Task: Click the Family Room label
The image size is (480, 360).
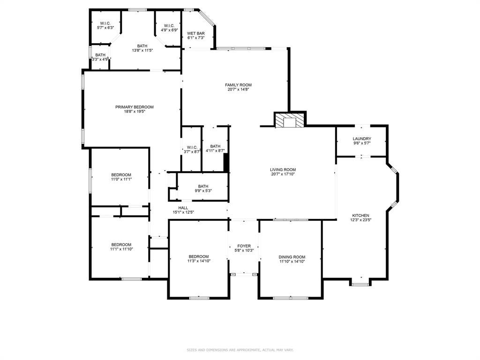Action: (238, 85)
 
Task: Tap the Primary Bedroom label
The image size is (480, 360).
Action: (135, 107)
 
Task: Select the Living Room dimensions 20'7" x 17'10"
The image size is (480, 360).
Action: (283, 174)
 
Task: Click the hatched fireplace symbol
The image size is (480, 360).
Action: (290, 120)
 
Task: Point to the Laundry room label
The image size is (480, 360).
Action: (362, 139)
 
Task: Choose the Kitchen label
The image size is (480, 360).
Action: (360, 216)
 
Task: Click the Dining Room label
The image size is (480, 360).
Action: (292, 257)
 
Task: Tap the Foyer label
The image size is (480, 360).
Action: (244, 246)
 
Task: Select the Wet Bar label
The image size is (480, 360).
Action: (196, 33)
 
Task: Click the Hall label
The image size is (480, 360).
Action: (183, 208)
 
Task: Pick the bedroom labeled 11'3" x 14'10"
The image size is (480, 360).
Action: (199, 259)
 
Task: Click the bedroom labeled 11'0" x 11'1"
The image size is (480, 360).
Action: (121, 177)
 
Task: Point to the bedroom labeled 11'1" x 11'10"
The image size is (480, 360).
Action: (121, 247)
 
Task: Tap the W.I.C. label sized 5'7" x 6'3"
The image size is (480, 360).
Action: (105, 23)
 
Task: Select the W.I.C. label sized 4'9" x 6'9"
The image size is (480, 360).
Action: (169, 26)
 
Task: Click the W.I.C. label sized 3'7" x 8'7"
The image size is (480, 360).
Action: (192, 147)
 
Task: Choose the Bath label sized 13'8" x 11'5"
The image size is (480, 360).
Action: (142, 46)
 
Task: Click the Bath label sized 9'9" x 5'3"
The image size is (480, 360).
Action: (203, 186)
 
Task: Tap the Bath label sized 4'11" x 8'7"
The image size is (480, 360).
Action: (215, 146)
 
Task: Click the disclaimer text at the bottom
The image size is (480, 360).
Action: (240, 350)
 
